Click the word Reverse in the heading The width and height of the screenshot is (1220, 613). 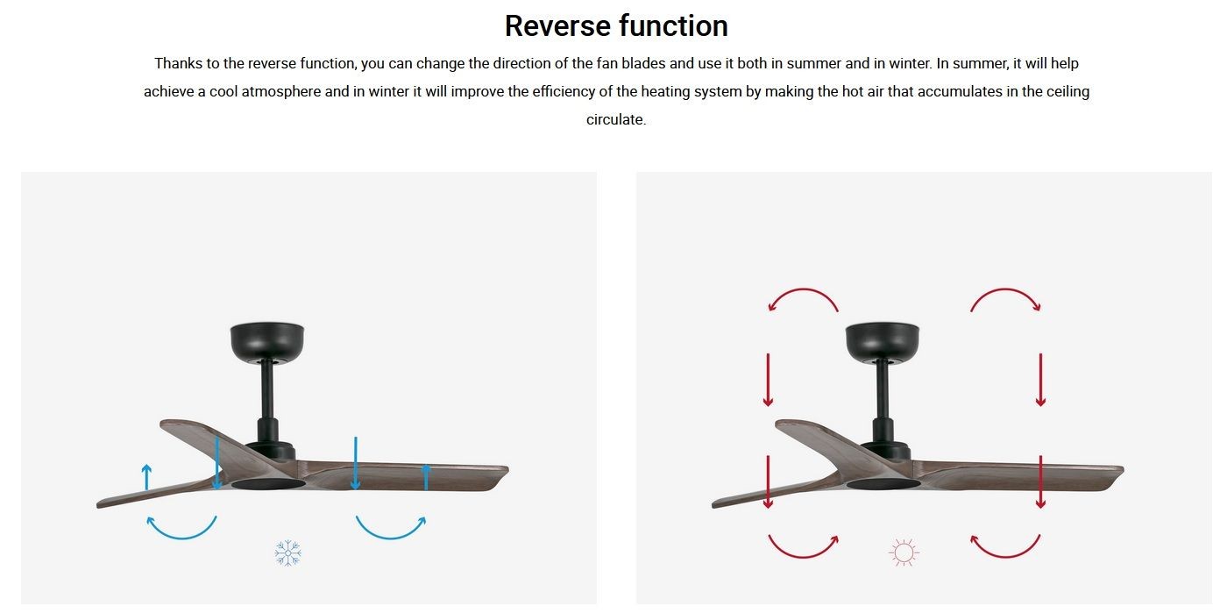(x=557, y=25)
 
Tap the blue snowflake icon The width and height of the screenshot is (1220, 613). (x=287, y=553)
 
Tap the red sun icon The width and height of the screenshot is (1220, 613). (x=904, y=552)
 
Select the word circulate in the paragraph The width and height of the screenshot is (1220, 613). (x=614, y=119)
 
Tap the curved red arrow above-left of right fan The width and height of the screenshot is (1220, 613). (x=804, y=290)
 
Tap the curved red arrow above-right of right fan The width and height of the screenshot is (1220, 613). (x=1005, y=290)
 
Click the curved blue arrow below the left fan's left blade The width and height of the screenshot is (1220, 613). (x=181, y=538)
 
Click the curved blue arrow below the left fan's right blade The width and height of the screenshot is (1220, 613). (x=391, y=538)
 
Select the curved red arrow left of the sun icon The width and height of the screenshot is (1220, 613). (x=804, y=556)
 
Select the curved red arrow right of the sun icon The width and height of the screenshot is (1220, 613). (x=1005, y=556)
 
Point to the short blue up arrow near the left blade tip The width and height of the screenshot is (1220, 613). (x=146, y=477)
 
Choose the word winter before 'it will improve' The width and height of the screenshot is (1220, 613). (x=387, y=91)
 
